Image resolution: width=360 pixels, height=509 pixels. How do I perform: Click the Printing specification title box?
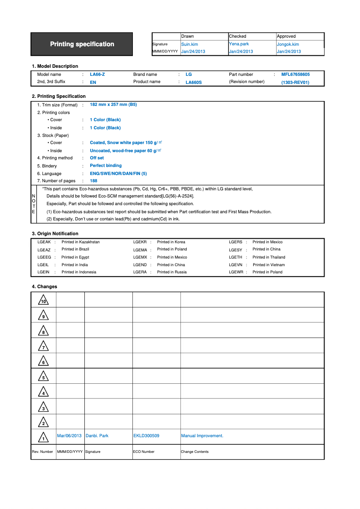pos(82,44)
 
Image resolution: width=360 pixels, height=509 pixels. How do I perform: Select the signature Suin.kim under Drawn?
pos(189,44)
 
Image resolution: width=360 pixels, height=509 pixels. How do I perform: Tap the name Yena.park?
pos(239,44)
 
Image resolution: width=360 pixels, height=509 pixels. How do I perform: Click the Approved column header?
pos(286,36)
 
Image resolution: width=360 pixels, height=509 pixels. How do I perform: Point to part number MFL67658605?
pos(295,75)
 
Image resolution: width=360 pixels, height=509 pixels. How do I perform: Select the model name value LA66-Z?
pos(97,75)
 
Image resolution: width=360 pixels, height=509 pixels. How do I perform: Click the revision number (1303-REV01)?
pos(295,82)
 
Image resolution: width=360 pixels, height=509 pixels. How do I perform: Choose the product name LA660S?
pos(193,82)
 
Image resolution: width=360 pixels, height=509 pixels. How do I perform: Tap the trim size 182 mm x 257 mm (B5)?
pos(113,105)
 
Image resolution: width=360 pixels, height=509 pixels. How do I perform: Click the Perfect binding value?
pos(105,166)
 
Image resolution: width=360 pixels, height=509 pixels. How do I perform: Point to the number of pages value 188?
pos(93,181)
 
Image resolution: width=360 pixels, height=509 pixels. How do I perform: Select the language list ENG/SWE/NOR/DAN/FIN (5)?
pos(118,173)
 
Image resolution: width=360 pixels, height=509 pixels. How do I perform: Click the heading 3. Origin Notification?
pos(55,233)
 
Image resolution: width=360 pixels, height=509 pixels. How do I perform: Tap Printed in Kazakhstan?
pos(80,242)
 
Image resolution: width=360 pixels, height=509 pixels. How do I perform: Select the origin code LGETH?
pos(235,257)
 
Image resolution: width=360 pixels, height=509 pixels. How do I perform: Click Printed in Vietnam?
pos(268,265)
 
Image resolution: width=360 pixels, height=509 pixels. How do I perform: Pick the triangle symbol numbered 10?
pos(43,300)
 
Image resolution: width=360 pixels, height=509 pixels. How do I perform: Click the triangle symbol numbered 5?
pos(43,377)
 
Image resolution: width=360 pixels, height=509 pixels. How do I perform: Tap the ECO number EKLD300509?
pos(146,436)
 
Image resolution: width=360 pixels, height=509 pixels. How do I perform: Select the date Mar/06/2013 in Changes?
pos(70,436)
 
